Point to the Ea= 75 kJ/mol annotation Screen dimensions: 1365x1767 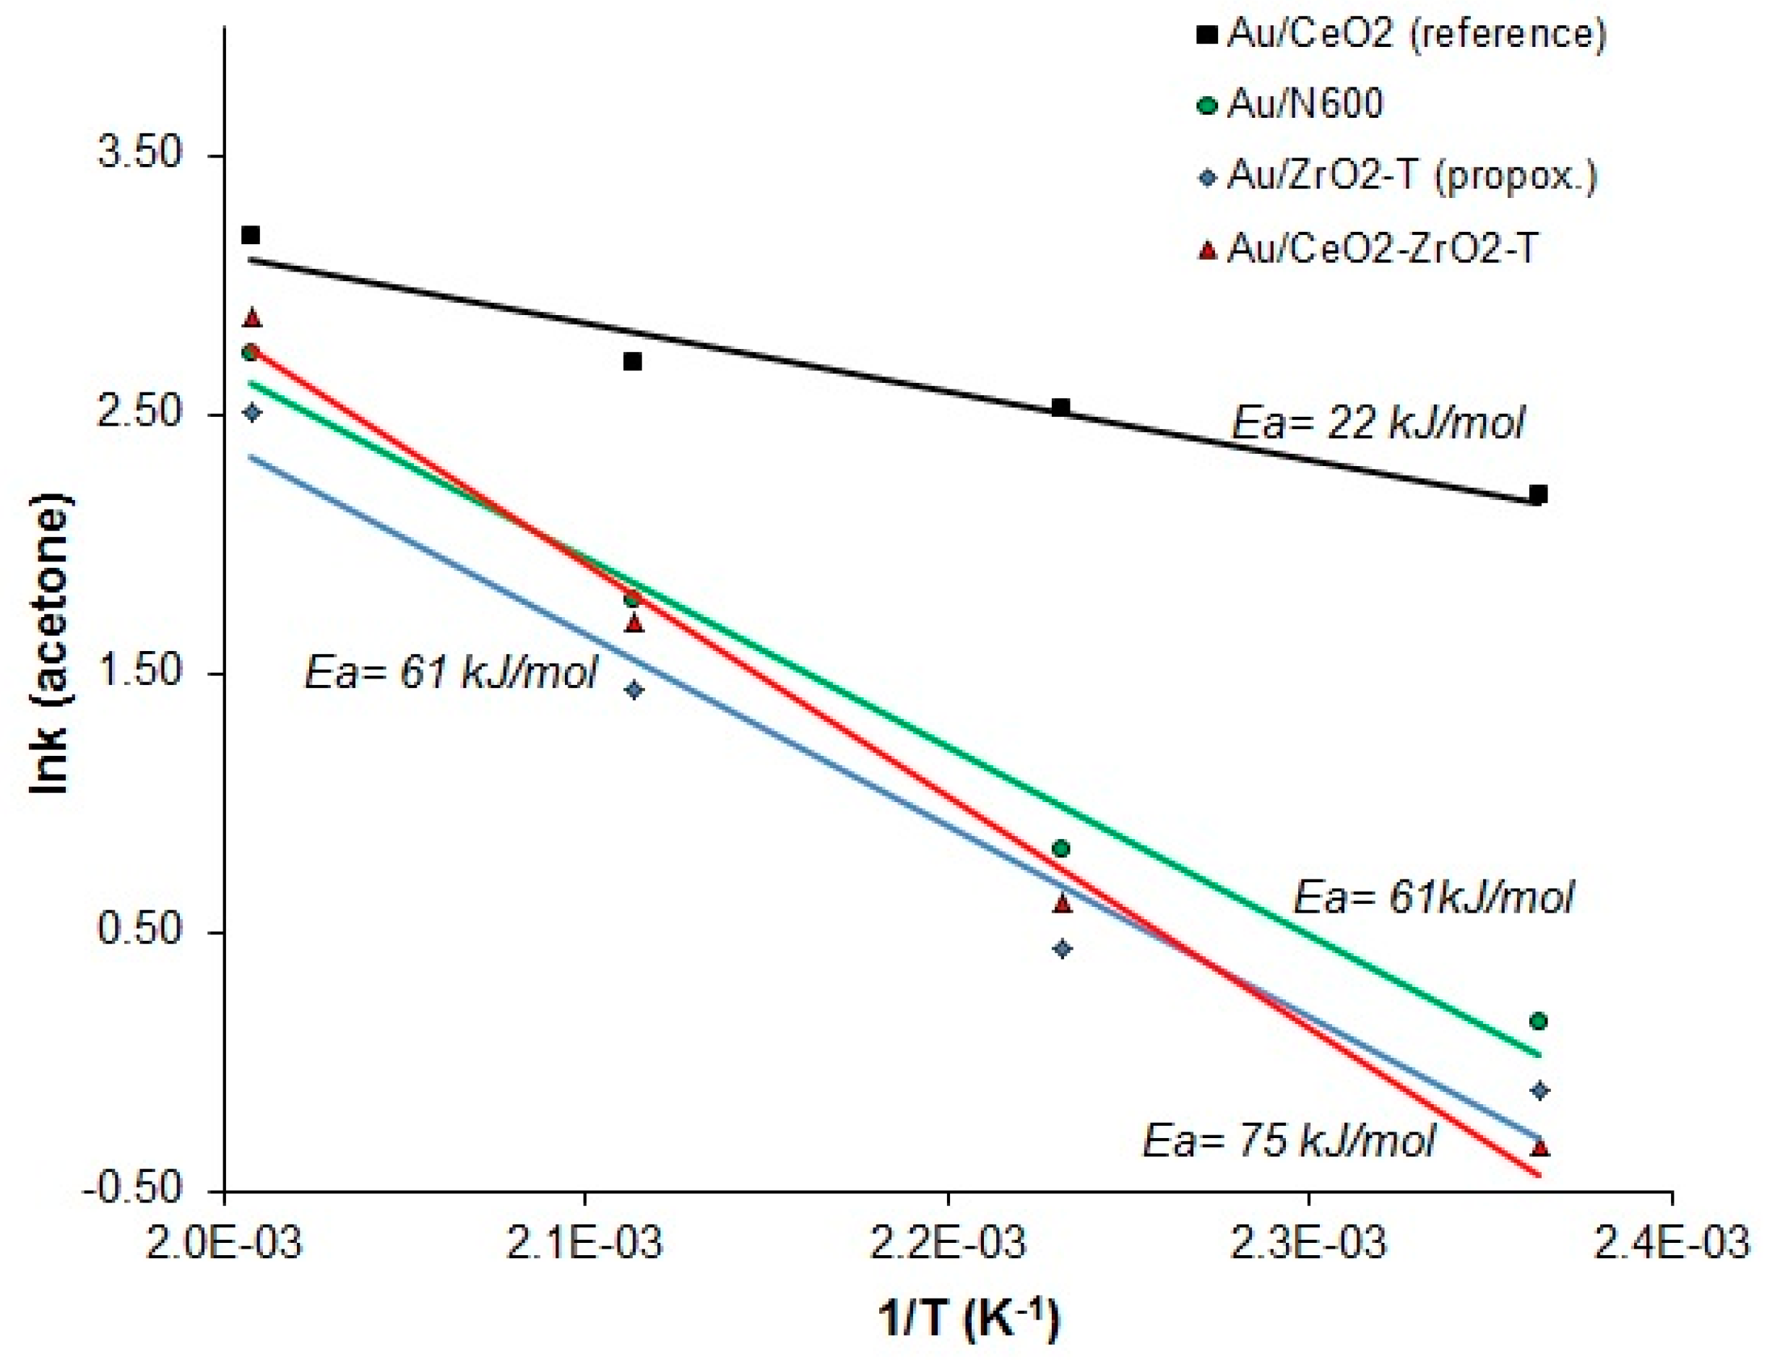point(1288,1142)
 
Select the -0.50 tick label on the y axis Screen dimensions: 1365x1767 point(129,1189)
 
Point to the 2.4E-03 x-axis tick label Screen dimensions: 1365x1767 point(1672,1244)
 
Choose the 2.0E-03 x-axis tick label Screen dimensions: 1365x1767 point(224,1244)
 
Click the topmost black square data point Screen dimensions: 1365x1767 point(251,236)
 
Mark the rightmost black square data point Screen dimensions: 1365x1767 point(1539,494)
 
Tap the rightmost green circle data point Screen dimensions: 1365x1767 point(1539,1022)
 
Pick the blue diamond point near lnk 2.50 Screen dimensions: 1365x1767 point(252,413)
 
